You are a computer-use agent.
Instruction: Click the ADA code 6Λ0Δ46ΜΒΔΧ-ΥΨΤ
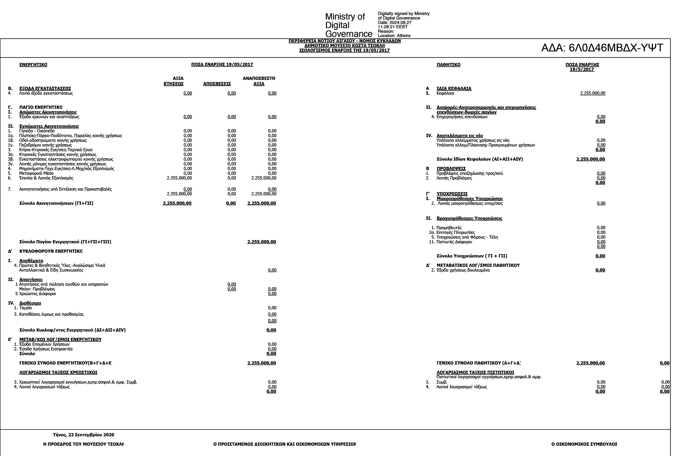[x=602, y=48]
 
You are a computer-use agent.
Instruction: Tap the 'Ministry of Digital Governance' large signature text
[x=348, y=25]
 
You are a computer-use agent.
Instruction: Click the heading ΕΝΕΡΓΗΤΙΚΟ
[x=33, y=65]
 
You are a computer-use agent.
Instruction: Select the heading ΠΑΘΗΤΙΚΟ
[x=448, y=65]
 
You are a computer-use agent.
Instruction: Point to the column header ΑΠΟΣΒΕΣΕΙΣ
[x=217, y=84]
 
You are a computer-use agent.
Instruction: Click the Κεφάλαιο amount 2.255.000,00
[x=593, y=93]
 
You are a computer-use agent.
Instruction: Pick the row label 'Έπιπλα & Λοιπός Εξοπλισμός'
[x=46, y=178]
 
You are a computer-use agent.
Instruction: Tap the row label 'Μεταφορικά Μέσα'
[x=36, y=174]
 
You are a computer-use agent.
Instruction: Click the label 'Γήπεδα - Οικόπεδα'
[x=37, y=131]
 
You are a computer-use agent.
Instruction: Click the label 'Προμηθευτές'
[x=449, y=228]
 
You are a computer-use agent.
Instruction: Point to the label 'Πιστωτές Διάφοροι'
[x=454, y=242]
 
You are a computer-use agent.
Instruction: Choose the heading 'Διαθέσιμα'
[x=30, y=303]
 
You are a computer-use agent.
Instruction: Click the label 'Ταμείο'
[x=25, y=308]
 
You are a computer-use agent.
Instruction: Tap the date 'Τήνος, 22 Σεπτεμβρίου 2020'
[x=84, y=435]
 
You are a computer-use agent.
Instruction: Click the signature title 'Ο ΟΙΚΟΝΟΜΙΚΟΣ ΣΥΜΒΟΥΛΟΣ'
[x=584, y=444]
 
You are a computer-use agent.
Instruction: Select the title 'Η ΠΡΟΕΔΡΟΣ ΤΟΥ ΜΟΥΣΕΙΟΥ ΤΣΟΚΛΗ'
[x=84, y=444]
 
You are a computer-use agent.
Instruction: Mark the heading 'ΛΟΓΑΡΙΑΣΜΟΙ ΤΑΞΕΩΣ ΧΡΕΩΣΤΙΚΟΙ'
[x=58, y=372]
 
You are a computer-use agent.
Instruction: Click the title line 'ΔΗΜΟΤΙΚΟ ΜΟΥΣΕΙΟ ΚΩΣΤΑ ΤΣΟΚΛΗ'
[x=344, y=46]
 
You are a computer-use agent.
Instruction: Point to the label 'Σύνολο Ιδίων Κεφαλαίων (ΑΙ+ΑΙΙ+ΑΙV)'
[x=479, y=159]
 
